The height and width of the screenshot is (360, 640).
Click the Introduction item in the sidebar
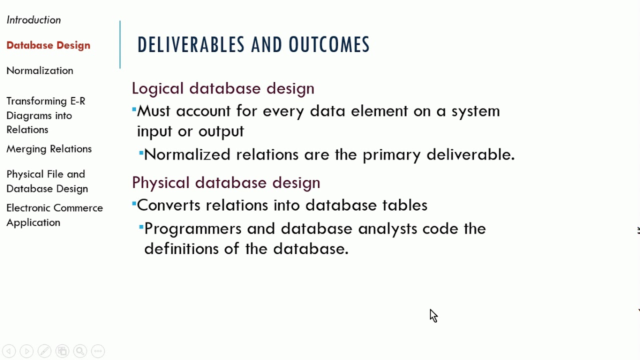click(33, 20)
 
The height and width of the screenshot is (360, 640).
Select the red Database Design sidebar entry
click(48, 45)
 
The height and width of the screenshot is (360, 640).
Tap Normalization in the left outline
click(39, 70)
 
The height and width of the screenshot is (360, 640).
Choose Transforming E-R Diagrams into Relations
click(45, 115)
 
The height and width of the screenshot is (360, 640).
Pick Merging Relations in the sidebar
click(49, 149)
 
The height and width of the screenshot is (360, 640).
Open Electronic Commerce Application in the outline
click(54, 215)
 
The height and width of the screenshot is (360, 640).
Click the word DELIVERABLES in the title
click(191, 45)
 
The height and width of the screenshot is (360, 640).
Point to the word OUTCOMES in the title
click(329, 45)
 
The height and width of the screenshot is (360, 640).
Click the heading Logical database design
click(223, 88)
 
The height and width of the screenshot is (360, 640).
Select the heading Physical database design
click(226, 182)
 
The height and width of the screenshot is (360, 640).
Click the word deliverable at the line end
click(470, 154)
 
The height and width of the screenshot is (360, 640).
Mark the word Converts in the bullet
click(168, 205)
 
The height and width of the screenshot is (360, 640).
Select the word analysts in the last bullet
click(387, 229)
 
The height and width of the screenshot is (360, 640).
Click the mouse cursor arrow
click(433, 315)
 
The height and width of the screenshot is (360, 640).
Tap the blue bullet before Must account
click(134, 109)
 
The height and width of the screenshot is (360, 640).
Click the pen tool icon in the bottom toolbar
click(44, 351)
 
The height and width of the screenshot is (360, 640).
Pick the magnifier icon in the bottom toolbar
click(80, 351)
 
